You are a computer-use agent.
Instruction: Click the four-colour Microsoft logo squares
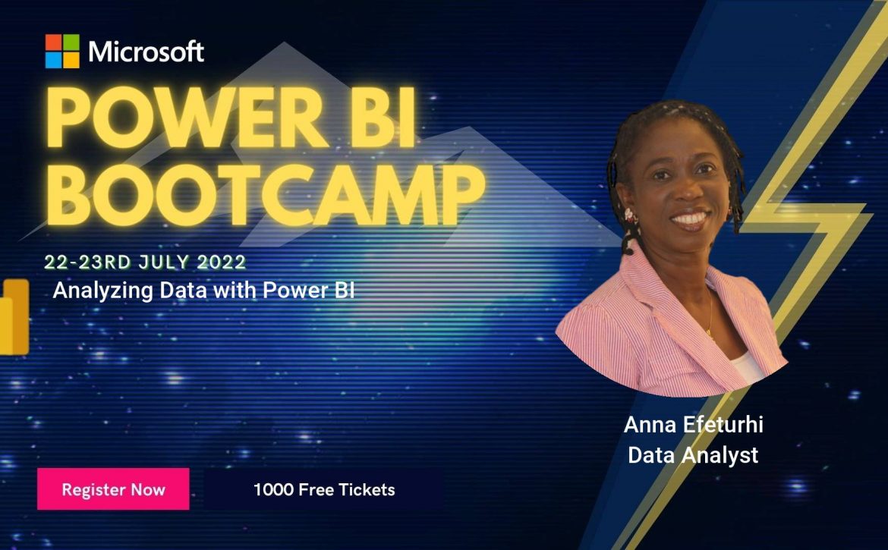(x=62, y=51)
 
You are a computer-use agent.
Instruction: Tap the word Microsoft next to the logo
(x=146, y=52)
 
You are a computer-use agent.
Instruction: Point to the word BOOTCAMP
(x=265, y=195)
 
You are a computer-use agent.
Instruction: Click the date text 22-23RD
(x=87, y=262)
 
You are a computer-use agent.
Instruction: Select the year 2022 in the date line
(x=222, y=262)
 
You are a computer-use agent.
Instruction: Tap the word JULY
(x=164, y=262)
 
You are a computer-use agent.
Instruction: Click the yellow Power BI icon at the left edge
(x=14, y=317)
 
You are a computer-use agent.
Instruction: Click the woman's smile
(x=689, y=218)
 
